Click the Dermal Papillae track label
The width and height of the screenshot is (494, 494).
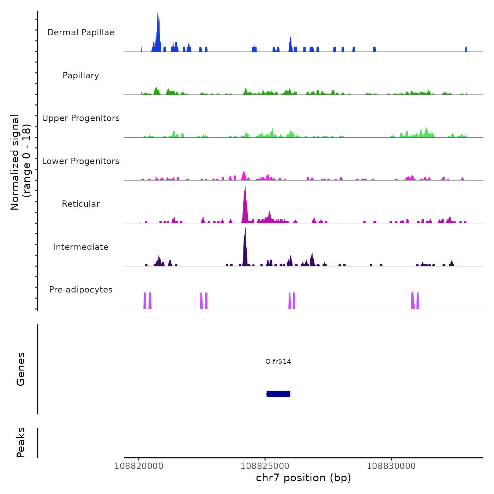click(81, 32)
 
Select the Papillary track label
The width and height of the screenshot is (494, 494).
click(81, 76)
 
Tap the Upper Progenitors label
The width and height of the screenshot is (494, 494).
click(81, 118)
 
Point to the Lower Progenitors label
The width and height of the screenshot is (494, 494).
click(81, 161)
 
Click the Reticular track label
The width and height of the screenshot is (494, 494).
click(81, 204)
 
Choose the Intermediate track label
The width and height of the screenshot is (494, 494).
click(81, 247)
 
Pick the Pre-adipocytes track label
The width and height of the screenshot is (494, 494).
click(81, 290)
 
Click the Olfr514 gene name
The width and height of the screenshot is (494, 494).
click(278, 361)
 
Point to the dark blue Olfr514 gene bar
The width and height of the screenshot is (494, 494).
click(278, 394)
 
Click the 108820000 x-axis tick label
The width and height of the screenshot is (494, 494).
click(139, 466)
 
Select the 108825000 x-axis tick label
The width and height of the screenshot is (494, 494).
click(265, 466)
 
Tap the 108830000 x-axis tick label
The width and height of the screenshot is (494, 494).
click(391, 466)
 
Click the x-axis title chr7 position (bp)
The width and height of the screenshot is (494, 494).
click(303, 478)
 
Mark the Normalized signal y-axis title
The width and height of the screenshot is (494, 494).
click(20, 162)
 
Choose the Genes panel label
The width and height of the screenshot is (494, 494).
click(21, 369)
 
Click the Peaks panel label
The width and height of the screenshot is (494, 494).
click(21, 442)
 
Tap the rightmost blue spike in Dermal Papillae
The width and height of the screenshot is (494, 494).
click(466, 49)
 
